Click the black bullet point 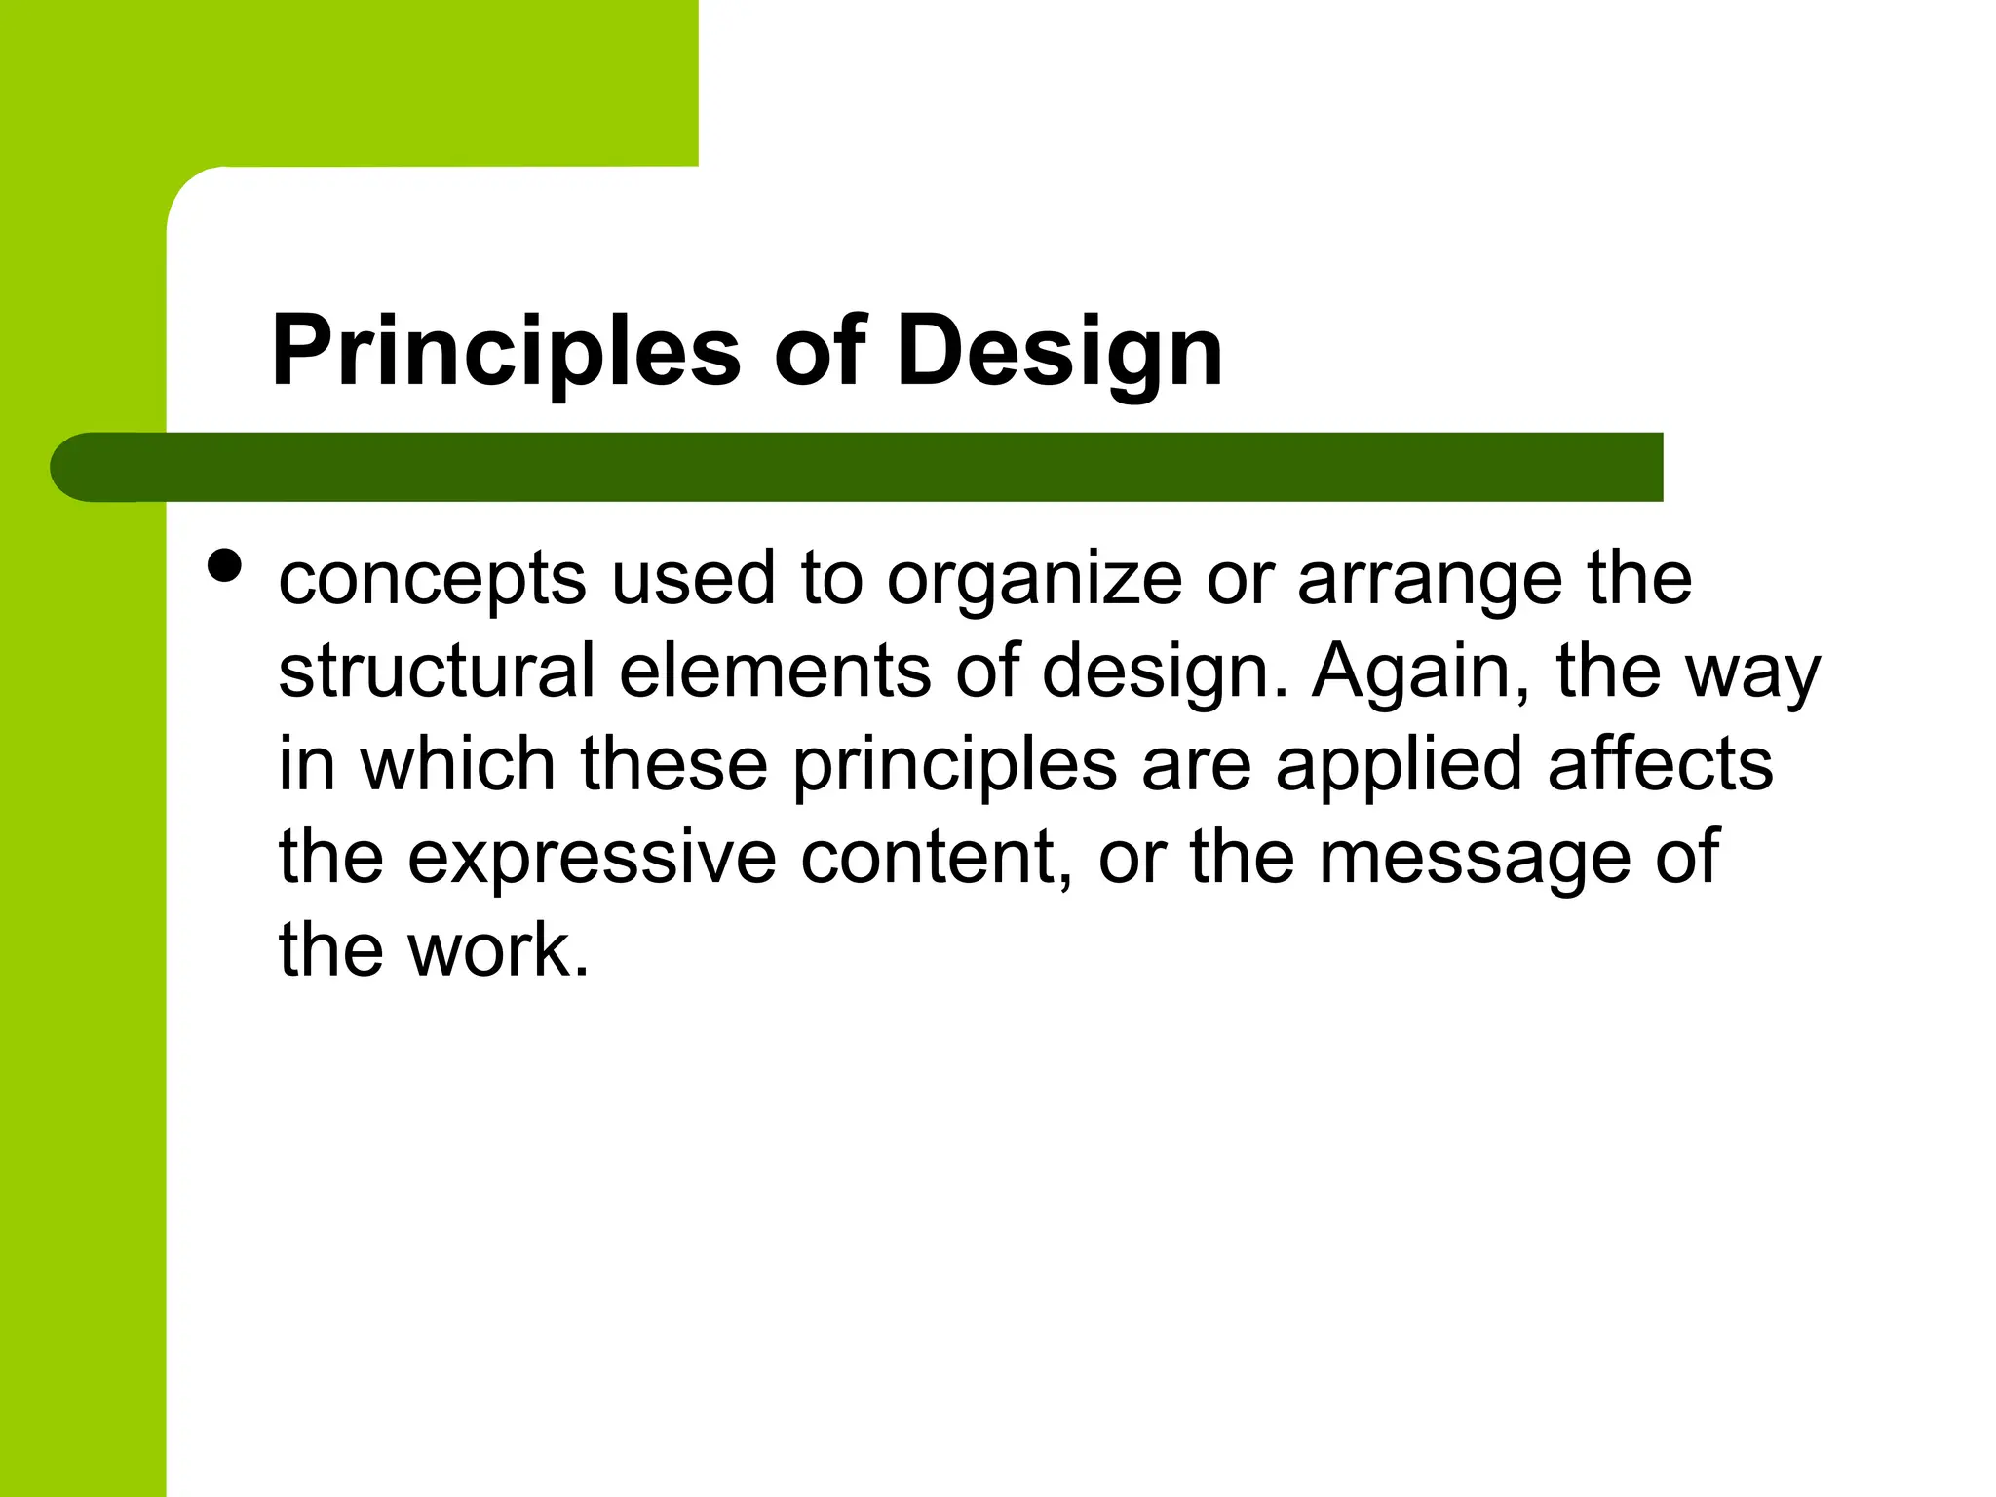(x=225, y=565)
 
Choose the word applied (x=1399, y=766)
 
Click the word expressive (x=592, y=858)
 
